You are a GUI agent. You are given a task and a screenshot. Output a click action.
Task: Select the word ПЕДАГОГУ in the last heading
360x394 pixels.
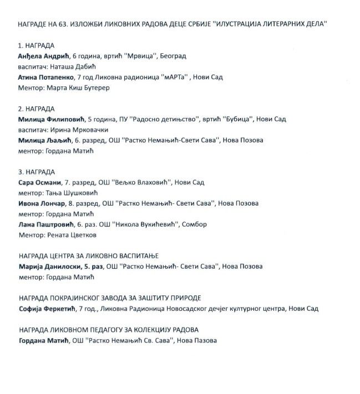coord(114,330)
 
